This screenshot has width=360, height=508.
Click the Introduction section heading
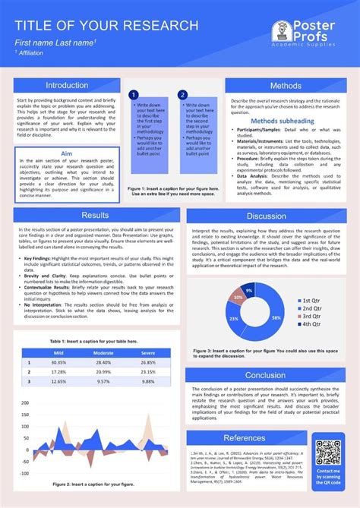click(x=68, y=86)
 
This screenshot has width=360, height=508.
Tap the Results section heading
click(x=95, y=216)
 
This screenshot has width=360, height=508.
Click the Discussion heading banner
click(x=266, y=216)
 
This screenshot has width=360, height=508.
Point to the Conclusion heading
click(x=265, y=375)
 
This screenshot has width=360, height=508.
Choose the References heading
click(x=245, y=438)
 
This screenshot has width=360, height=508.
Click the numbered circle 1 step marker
click(x=133, y=95)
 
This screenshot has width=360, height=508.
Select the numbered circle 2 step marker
click(x=182, y=95)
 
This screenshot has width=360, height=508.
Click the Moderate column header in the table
click(x=103, y=352)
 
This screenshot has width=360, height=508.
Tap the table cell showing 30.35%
click(x=58, y=362)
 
